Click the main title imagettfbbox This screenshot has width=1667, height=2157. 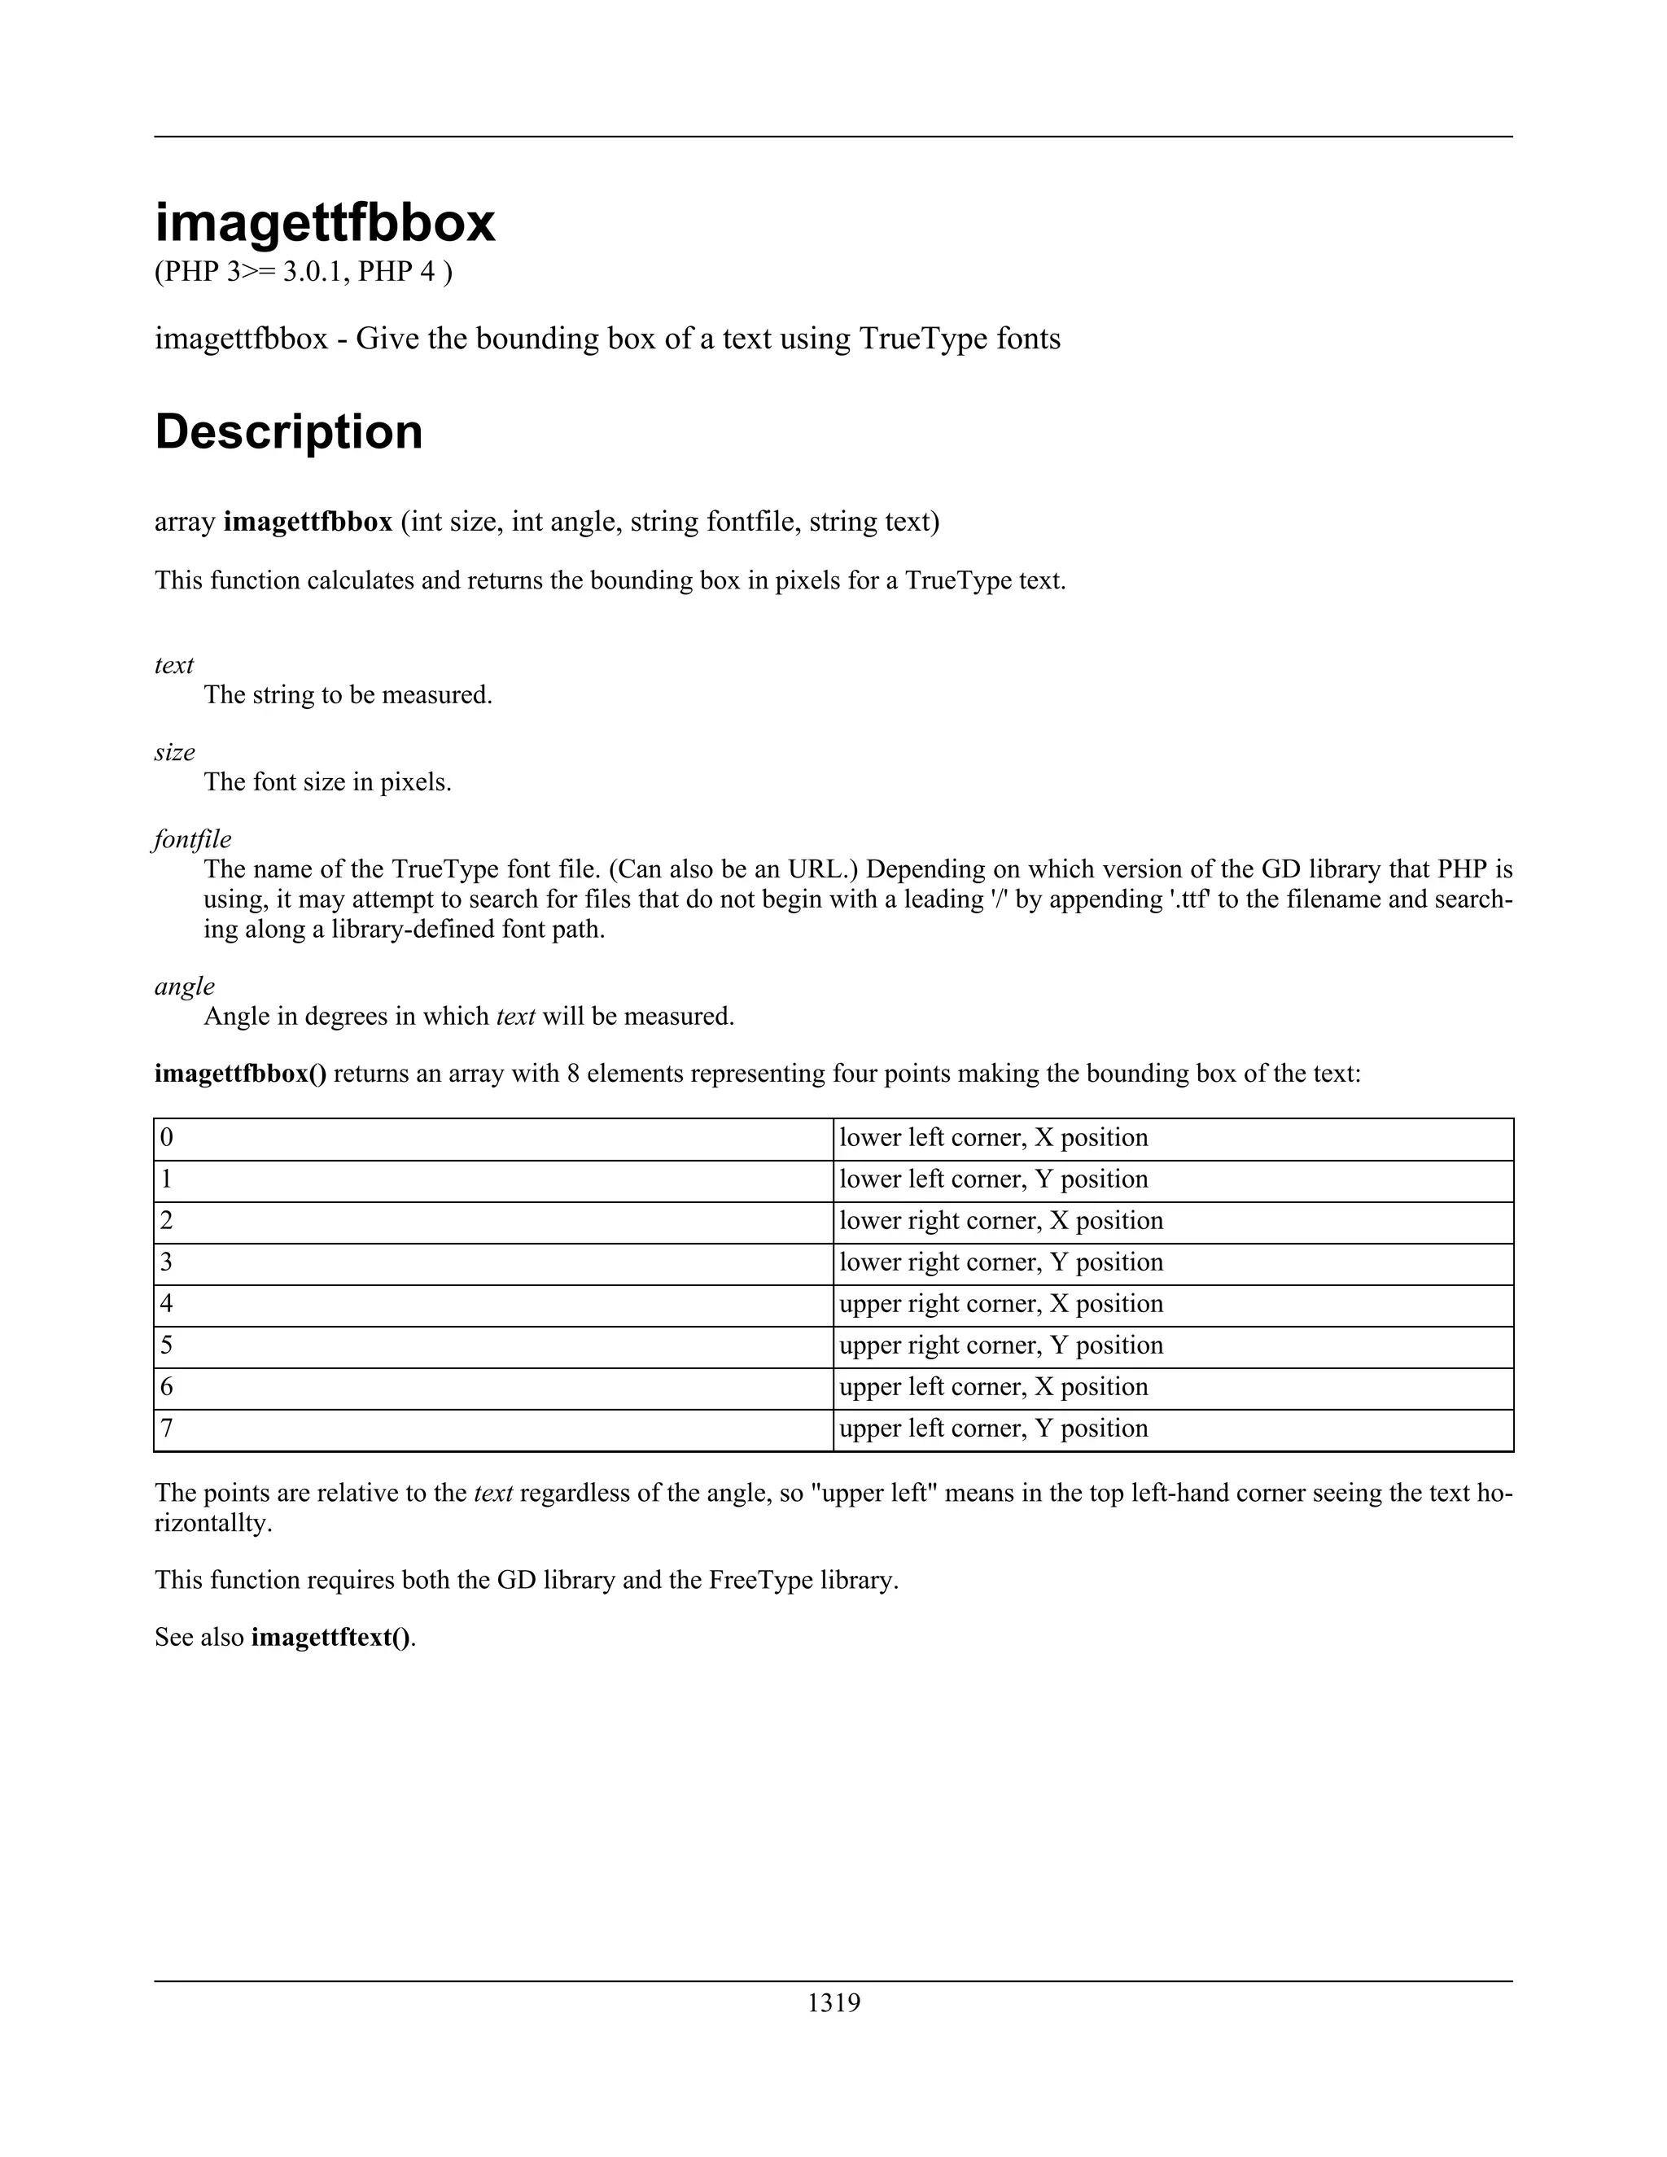pos(324,223)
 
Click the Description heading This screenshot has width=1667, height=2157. pos(288,431)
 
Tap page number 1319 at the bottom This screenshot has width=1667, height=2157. pos(833,2003)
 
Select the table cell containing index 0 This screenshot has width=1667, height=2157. pos(492,1138)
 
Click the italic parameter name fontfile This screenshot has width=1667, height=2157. pos(193,839)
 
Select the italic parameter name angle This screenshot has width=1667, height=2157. pos(185,986)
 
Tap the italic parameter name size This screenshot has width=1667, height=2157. pos(175,753)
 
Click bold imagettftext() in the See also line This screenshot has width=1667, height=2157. pos(330,1638)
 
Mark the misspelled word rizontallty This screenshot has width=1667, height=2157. pos(212,1523)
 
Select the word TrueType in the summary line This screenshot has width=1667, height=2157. pos(920,339)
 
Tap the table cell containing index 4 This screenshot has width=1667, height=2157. pos(492,1304)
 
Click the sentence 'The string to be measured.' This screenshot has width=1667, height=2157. pos(348,695)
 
